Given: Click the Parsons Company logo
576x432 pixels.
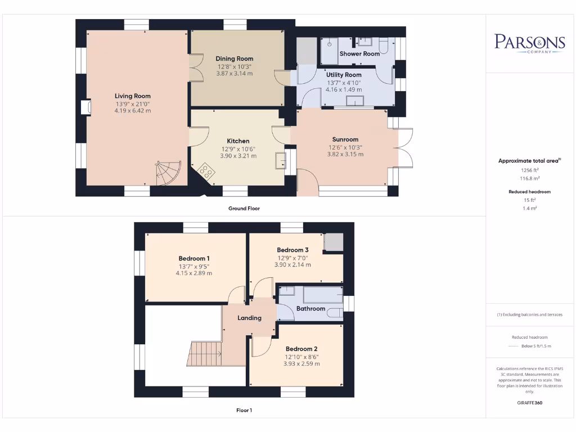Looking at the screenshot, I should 529,43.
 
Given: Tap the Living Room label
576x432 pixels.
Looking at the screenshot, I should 133,96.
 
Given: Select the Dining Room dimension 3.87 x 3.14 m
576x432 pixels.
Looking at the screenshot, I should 235,74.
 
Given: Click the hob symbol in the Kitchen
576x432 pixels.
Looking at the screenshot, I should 206,170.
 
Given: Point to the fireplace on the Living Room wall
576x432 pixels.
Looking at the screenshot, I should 84,107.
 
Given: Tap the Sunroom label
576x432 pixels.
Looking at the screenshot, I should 345,139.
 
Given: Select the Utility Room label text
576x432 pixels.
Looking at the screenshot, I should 344,75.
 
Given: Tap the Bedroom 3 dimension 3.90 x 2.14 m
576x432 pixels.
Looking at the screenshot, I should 292,265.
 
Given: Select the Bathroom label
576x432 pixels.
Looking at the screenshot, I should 310,309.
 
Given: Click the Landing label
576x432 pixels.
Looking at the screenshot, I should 249,318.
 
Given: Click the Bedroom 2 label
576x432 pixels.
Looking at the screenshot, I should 301,349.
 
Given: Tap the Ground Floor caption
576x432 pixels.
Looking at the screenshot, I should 244,209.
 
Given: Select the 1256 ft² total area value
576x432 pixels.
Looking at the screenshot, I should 529,169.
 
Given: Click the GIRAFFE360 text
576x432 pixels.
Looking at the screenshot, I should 529,403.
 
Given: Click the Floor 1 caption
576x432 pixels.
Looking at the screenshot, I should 244,411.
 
